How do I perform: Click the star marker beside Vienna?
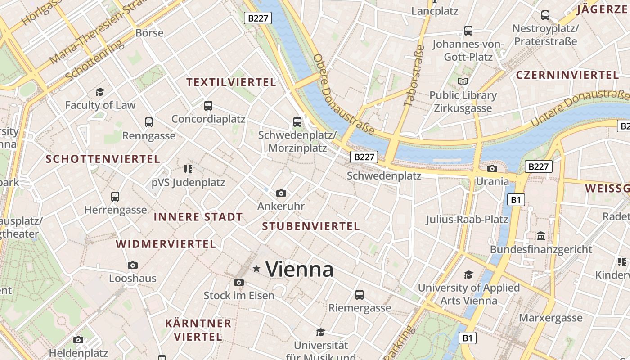pyautogui.click(x=256, y=269)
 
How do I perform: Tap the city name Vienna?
pyautogui.click(x=300, y=270)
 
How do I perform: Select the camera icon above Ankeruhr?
pyautogui.click(x=281, y=193)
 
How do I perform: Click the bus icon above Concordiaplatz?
pyautogui.click(x=208, y=106)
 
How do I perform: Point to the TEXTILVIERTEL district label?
pyautogui.click(x=231, y=82)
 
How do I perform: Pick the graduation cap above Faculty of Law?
pyautogui.click(x=100, y=92)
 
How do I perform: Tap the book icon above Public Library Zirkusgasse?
pyautogui.click(x=463, y=82)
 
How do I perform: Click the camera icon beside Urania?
pyautogui.click(x=492, y=168)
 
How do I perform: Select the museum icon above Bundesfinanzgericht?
pyautogui.click(x=541, y=236)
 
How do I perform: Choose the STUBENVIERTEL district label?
pyautogui.click(x=311, y=226)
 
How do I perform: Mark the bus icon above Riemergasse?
pyautogui.click(x=359, y=295)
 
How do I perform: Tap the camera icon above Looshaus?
pyautogui.click(x=132, y=265)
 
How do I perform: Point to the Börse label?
pyautogui.click(x=149, y=33)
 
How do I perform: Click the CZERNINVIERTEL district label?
pyautogui.click(x=567, y=75)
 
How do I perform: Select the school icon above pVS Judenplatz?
pyautogui.click(x=188, y=169)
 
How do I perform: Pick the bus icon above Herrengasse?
pyautogui.click(x=115, y=197)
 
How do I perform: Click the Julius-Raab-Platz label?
pyautogui.click(x=467, y=220)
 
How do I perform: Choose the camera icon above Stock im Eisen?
pyautogui.click(x=239, y=283)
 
